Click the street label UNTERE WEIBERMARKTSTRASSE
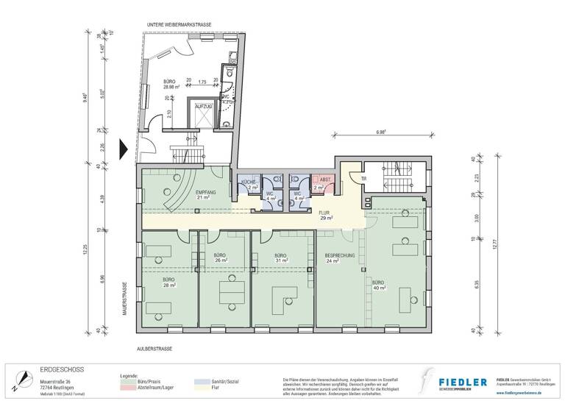tap(180, 25)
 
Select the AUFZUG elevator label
tap(203, 106)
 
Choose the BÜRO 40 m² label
tap(378, 285)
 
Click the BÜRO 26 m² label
tap(220, 257)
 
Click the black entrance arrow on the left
tap(124, 149)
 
